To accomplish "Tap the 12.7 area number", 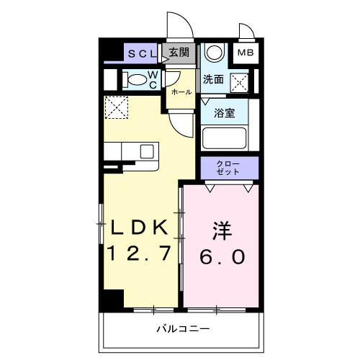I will (140, 253).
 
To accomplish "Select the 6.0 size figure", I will (221, 256).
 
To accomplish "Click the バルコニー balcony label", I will (183, 328).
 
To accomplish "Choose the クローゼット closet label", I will (229, 168).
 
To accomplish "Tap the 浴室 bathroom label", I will (225, 113).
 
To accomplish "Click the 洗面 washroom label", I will (213, 79).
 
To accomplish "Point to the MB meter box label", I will (246, 53).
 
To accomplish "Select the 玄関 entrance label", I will (179, 52).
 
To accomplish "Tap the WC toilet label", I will (153, 79).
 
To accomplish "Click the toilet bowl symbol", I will (132, 79).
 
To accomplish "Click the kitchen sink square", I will (147, 151).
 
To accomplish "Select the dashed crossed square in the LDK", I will (115, 108).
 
